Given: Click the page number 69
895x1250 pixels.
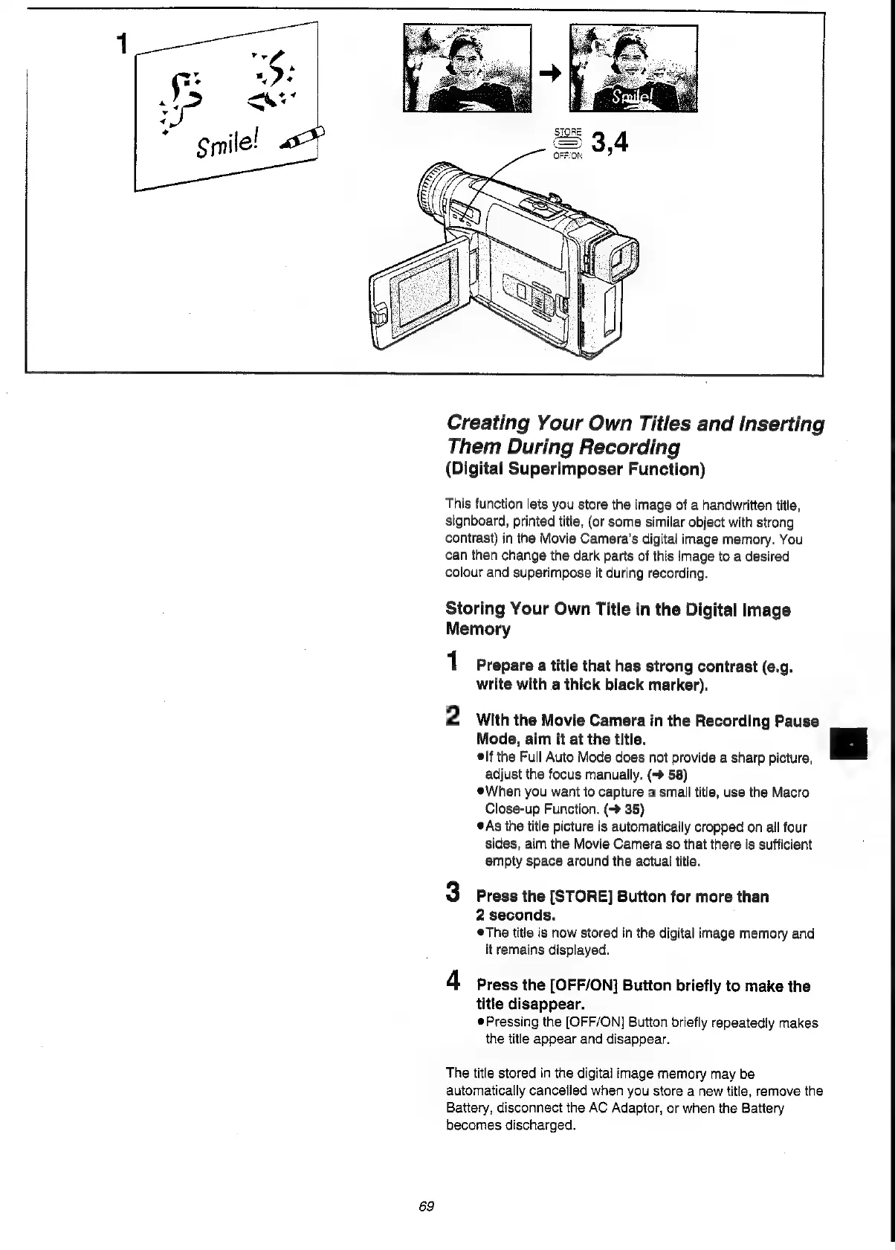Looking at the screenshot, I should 426,1205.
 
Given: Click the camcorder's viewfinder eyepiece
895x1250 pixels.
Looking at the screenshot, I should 618,257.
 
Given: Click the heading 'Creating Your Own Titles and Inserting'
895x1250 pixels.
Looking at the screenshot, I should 635,424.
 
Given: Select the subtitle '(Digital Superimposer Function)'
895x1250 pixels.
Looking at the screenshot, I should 575,470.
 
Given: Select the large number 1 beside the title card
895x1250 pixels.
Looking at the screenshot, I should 122,46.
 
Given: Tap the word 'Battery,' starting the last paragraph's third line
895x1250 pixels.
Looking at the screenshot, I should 468,1108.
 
